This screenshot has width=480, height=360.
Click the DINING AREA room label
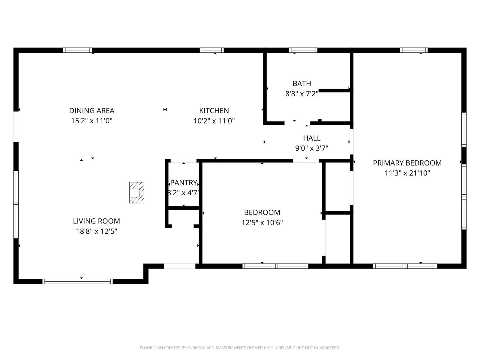(x=91, y=111)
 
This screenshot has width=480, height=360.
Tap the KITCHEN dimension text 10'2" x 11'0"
(x=214, y=121)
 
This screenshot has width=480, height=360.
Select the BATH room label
(x=302, y=83)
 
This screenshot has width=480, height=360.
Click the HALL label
(x=312, y=138)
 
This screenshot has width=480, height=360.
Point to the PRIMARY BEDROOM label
(x=407, y=163)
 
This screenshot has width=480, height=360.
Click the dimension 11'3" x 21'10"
(x=407, y=173)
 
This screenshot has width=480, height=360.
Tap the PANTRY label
(x=184, y=183)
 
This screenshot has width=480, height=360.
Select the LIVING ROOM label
(x=96, y=221)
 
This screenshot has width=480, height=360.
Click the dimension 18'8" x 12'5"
(x=96, y=231)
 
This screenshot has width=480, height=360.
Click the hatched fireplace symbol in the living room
(x=136, y=193)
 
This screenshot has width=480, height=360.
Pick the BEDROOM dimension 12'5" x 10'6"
(x=262, y=223)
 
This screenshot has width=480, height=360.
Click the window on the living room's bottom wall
(x=77, y=281)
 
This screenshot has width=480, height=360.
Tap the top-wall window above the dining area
(x=77, y=50)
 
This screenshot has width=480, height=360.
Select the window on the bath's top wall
(x=303, y=50)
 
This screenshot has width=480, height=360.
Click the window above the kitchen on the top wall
(x=211, y=50)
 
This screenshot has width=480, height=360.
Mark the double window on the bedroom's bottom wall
(x=275, y=266)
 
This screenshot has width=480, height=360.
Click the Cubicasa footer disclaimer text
(x=240, y=348)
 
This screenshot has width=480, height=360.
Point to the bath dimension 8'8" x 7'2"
(x=301, y=94)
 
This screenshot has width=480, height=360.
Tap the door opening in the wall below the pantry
(x=179, y=266)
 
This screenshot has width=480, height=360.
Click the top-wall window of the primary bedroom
(x=414, y=50)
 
